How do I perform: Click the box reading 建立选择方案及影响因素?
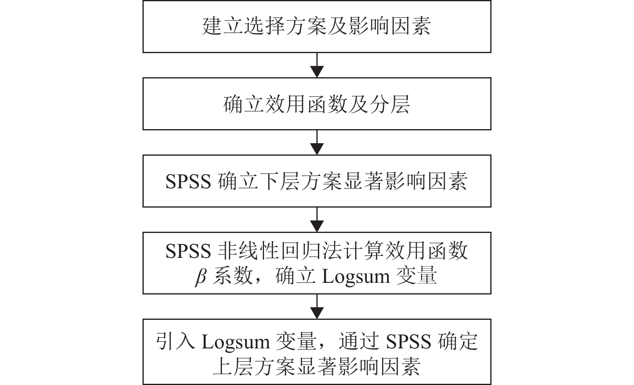point(317,26)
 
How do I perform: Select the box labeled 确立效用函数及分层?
point(317,104)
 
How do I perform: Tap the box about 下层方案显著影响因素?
point(317,181)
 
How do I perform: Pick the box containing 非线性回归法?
point(317,263)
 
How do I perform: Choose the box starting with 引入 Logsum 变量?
point(317,352)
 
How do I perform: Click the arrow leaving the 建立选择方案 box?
point(317,65)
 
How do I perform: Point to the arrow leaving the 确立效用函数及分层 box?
point(317,142)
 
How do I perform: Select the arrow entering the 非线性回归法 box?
point(317,220)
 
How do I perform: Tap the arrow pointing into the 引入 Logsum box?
point(317,307)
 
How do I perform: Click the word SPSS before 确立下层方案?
point(188,182)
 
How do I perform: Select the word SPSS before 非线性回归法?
point(188,251)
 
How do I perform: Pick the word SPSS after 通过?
point(409,342)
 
